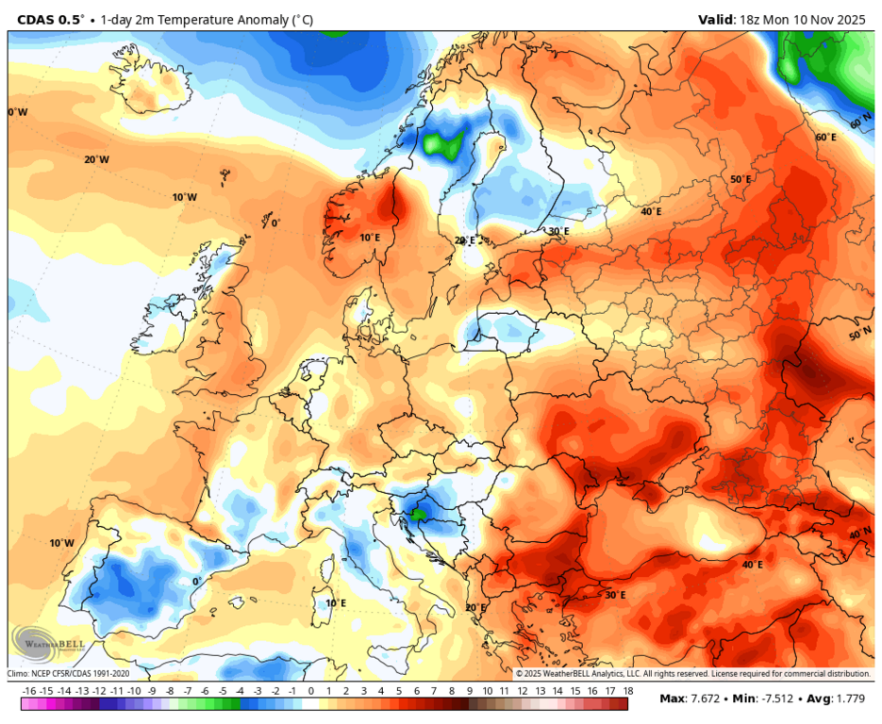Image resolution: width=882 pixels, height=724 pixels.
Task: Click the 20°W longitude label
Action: pyautogui.click(x=96, y=160)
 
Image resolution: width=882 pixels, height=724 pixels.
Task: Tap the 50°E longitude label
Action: pyautogui.click(x=741, y=179)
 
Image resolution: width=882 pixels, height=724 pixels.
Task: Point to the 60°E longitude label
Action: pyautogui.click(x=825, y=138)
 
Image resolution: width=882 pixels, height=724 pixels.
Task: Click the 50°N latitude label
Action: pyautogui.click(x=859, y=336)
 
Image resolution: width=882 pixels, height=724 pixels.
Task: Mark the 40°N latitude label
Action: pyautogui.click(x=859, y=534)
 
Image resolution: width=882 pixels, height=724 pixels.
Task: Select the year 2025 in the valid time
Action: pyautogui.click(x=850, y=19)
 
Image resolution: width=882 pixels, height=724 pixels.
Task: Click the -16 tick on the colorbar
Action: pyautogui.click(x=29, y=691)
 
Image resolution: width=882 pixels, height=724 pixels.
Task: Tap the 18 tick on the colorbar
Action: pyautogui.click(x=626, y=691)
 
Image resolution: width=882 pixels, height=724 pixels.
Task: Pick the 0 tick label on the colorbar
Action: pyautogui.click(x=310, y=691)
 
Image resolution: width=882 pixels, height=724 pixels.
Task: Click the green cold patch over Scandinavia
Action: pyautogui.click(x=442, y=143)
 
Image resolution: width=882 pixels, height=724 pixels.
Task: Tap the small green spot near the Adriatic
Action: pyautogui.click(x=417, y=515)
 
